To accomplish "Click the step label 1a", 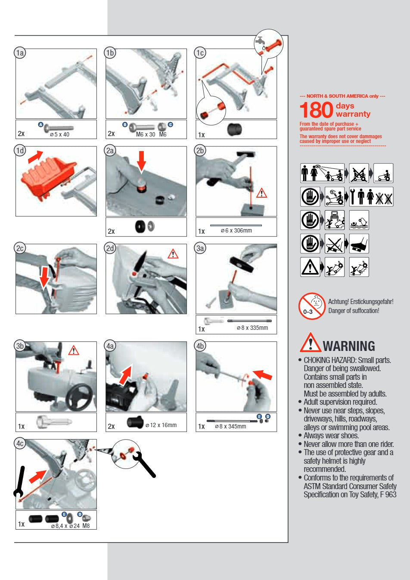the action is (x=20, y=53).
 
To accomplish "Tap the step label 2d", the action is (x=110, y=248).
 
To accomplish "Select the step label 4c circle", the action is (x=20, y=444).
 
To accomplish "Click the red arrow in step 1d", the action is (x=35, y=157).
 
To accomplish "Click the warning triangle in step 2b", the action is (x=261, y=193).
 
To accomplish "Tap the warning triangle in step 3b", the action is (x=74, y=350).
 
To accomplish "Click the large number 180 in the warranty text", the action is (x=316, y=110).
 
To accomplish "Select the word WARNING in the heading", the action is (x=348, y=346).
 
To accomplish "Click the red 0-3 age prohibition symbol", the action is (x=311, y=306).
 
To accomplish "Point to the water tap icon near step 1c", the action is (x=260, y=41).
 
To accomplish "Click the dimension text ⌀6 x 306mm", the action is (x=236, y=230).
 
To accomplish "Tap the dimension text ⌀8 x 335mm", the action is (x=252, y=328).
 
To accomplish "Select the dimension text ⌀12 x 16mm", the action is (x=161, y=425).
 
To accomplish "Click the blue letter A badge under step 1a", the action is (x=40, y=124).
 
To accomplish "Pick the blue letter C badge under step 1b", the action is (x=171, y=124).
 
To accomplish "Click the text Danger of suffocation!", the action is (x=354, y=311).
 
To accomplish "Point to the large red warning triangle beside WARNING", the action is (x=310, y=343).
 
